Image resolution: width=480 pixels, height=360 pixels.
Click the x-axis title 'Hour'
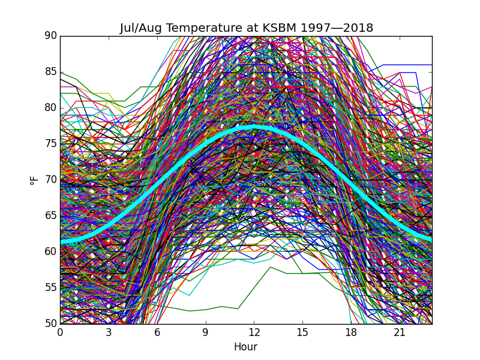click(246, 347)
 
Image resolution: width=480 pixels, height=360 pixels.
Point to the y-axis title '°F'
click(34, 180)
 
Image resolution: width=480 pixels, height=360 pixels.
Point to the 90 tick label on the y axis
click(50, 36)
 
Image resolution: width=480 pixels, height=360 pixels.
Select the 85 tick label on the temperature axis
click(50, 72)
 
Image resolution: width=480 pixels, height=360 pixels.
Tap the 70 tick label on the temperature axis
click(50, 180)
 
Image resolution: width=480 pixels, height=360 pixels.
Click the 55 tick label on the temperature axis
click(50, 288)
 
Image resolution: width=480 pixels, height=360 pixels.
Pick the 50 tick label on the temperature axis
click(50, 324)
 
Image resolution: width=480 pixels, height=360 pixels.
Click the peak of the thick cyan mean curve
click(254, 127)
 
